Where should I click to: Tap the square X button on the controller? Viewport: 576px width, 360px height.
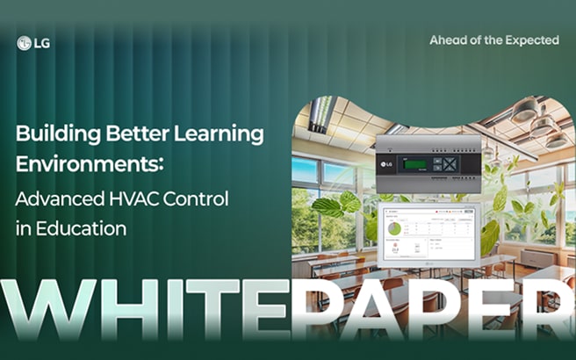[449, 164]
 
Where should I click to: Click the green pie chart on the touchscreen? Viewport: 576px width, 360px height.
[395, 227]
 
